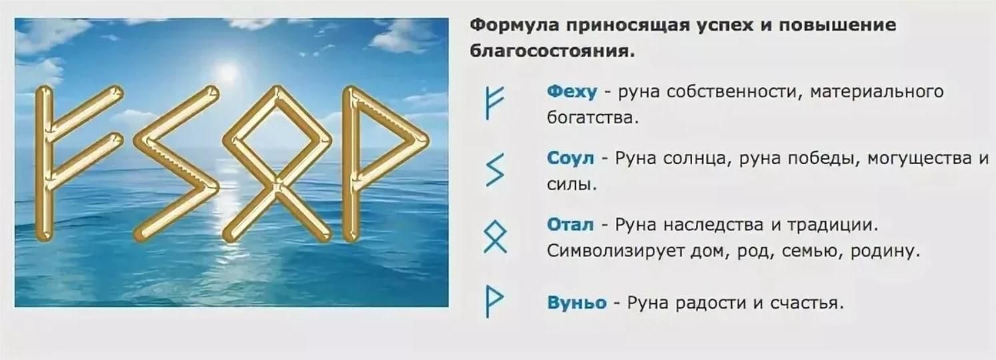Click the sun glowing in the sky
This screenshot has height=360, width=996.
click(227, 71)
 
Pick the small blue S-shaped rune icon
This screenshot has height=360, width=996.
click(495, 169)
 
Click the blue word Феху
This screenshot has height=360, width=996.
click(572, 92)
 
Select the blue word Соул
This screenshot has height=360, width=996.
click(571, 158)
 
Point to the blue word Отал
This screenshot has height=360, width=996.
click(570, 225)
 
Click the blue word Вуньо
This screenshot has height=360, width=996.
click(577, 303)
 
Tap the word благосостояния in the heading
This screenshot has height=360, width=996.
click(552, 51)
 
